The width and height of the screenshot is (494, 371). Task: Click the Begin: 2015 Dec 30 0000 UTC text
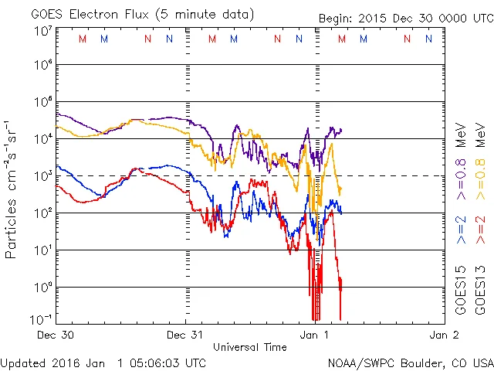pyautogui.click(x=404, y=18)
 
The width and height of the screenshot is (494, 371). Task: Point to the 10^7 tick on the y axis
pyautogui.click(x=42, y=32)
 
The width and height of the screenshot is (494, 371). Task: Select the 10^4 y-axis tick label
pyautogui.click(x=42, y=139)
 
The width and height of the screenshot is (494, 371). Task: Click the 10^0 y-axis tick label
pyautogui.click(x=42, y=288)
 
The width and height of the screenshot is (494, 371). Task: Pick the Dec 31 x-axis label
pyautogui.click(x=186, y=335)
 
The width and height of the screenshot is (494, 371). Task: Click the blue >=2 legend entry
pyautogui.click(x=461, y=230)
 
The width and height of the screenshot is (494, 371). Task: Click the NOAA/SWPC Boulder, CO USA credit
pyautogui.click(x=410, y=362)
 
